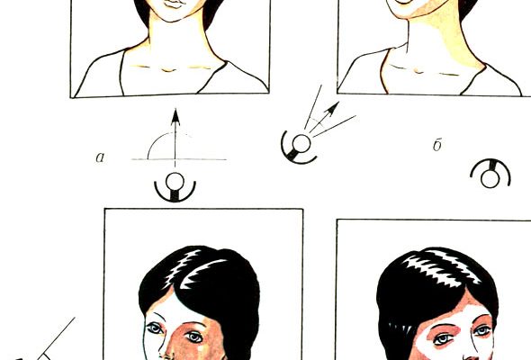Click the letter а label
(x=100, y=157)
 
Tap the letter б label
(x=437, y=145)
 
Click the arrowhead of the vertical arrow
(x=175, y=117)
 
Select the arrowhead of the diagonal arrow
(x=333, y=108)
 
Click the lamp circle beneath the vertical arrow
(x=175, y=182)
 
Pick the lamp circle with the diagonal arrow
(x=301, y=144)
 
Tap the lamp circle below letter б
(x=490, y=178)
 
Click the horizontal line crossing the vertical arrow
(x=179, y=158)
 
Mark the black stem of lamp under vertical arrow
(x=175, y=195)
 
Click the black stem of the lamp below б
(x=490, y=165)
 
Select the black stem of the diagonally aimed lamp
(x=292, y=155)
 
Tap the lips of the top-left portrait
(x=175, y=4)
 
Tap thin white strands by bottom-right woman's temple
(x=399, y=329)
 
